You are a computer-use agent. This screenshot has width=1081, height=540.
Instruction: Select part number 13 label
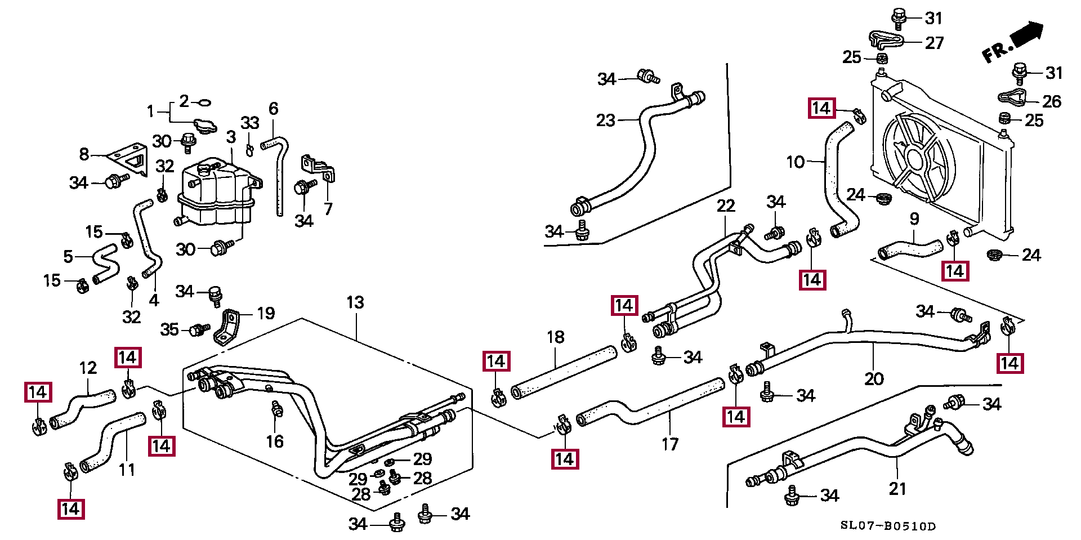coord(355,302)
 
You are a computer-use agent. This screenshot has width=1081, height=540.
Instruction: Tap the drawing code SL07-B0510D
coord(888,526)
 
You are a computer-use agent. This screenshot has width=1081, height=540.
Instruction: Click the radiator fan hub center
coord(915,159)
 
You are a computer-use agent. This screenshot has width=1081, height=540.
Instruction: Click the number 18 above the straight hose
coord(555,337)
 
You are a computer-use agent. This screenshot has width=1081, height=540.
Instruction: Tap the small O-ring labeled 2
coord(205,102)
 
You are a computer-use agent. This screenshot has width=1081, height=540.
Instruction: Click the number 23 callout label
coord(606,120)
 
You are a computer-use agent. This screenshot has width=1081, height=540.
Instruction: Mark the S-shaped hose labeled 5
coord(105,264)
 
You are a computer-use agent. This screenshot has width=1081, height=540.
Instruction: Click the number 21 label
coord(897,489)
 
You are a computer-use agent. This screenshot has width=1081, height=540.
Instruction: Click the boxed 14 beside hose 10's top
coord(821,108)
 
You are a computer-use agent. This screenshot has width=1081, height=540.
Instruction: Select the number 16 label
coord(275,441)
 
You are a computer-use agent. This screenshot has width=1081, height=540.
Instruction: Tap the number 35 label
coord(169,329)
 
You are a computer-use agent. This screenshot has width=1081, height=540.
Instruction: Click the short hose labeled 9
coord(910,249)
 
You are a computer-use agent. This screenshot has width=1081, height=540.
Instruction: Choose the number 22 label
coord(726,206)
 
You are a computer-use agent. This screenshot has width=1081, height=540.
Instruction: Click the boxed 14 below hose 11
coord(71,509)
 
